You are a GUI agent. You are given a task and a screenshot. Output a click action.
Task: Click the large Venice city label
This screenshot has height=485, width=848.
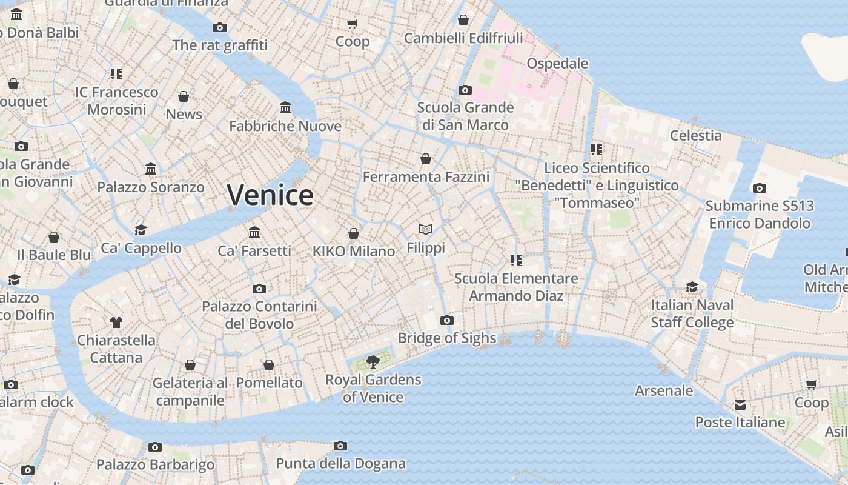(x=270, y=195)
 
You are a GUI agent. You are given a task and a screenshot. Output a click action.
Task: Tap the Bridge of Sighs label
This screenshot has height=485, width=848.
(x=447, y=338)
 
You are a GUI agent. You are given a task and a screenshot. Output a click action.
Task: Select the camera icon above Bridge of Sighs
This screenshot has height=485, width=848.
(x=447, y=320)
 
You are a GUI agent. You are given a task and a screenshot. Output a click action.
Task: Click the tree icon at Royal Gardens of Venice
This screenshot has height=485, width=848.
(x=373, y=362)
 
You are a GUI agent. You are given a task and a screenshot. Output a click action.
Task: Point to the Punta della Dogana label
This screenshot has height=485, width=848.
(x=340, y=464)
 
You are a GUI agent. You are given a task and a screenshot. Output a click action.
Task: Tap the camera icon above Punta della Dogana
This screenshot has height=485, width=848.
(x=340, y=446)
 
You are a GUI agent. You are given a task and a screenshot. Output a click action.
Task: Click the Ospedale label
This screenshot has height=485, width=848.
(x=557, y=64)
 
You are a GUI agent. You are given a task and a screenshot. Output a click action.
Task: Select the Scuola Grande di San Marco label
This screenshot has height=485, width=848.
(x=465, y=116)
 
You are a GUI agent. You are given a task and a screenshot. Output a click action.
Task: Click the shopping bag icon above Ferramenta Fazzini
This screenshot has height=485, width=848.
(x=426, y=159)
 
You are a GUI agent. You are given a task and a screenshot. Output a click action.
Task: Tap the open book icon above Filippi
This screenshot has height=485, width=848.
(x=426, y=229)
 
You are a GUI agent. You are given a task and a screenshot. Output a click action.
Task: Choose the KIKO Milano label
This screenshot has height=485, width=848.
(x=354, y=251)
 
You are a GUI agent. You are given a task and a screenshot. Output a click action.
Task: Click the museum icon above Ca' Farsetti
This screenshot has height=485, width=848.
(x=254, y=232)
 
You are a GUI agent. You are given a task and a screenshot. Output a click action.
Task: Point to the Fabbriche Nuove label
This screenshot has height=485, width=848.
(x=285, y=126)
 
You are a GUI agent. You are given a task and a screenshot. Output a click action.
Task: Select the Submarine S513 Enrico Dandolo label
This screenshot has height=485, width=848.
(x=760, y=215)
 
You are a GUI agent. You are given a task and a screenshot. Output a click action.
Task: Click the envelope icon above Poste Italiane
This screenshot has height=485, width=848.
(x=740, y=404)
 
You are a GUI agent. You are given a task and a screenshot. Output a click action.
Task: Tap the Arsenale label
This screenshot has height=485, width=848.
(x=664, y=391)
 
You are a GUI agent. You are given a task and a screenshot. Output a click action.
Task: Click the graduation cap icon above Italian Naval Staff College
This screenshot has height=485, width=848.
(x=692, y=287)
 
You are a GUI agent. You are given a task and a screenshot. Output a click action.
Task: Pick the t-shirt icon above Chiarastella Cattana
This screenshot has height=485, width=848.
(x=116, y=322)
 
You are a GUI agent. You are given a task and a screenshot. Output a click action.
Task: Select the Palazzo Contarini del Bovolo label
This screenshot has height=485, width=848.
(x=259, y=315)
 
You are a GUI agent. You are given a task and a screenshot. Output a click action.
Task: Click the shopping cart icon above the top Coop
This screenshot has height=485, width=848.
(x=353, y=24)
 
